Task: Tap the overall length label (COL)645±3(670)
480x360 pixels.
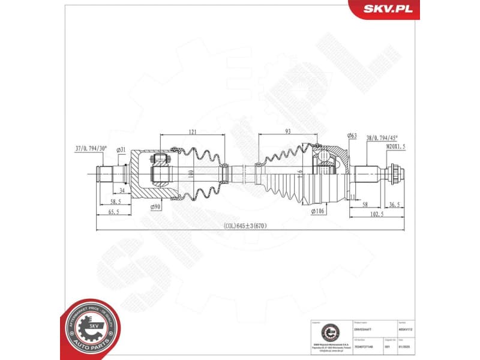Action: [x=245, y=226]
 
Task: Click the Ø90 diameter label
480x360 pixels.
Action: [x=155, y=207]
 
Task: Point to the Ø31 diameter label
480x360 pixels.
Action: [x=121, y=149]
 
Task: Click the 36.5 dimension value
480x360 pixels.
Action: [x=393, y=205]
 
